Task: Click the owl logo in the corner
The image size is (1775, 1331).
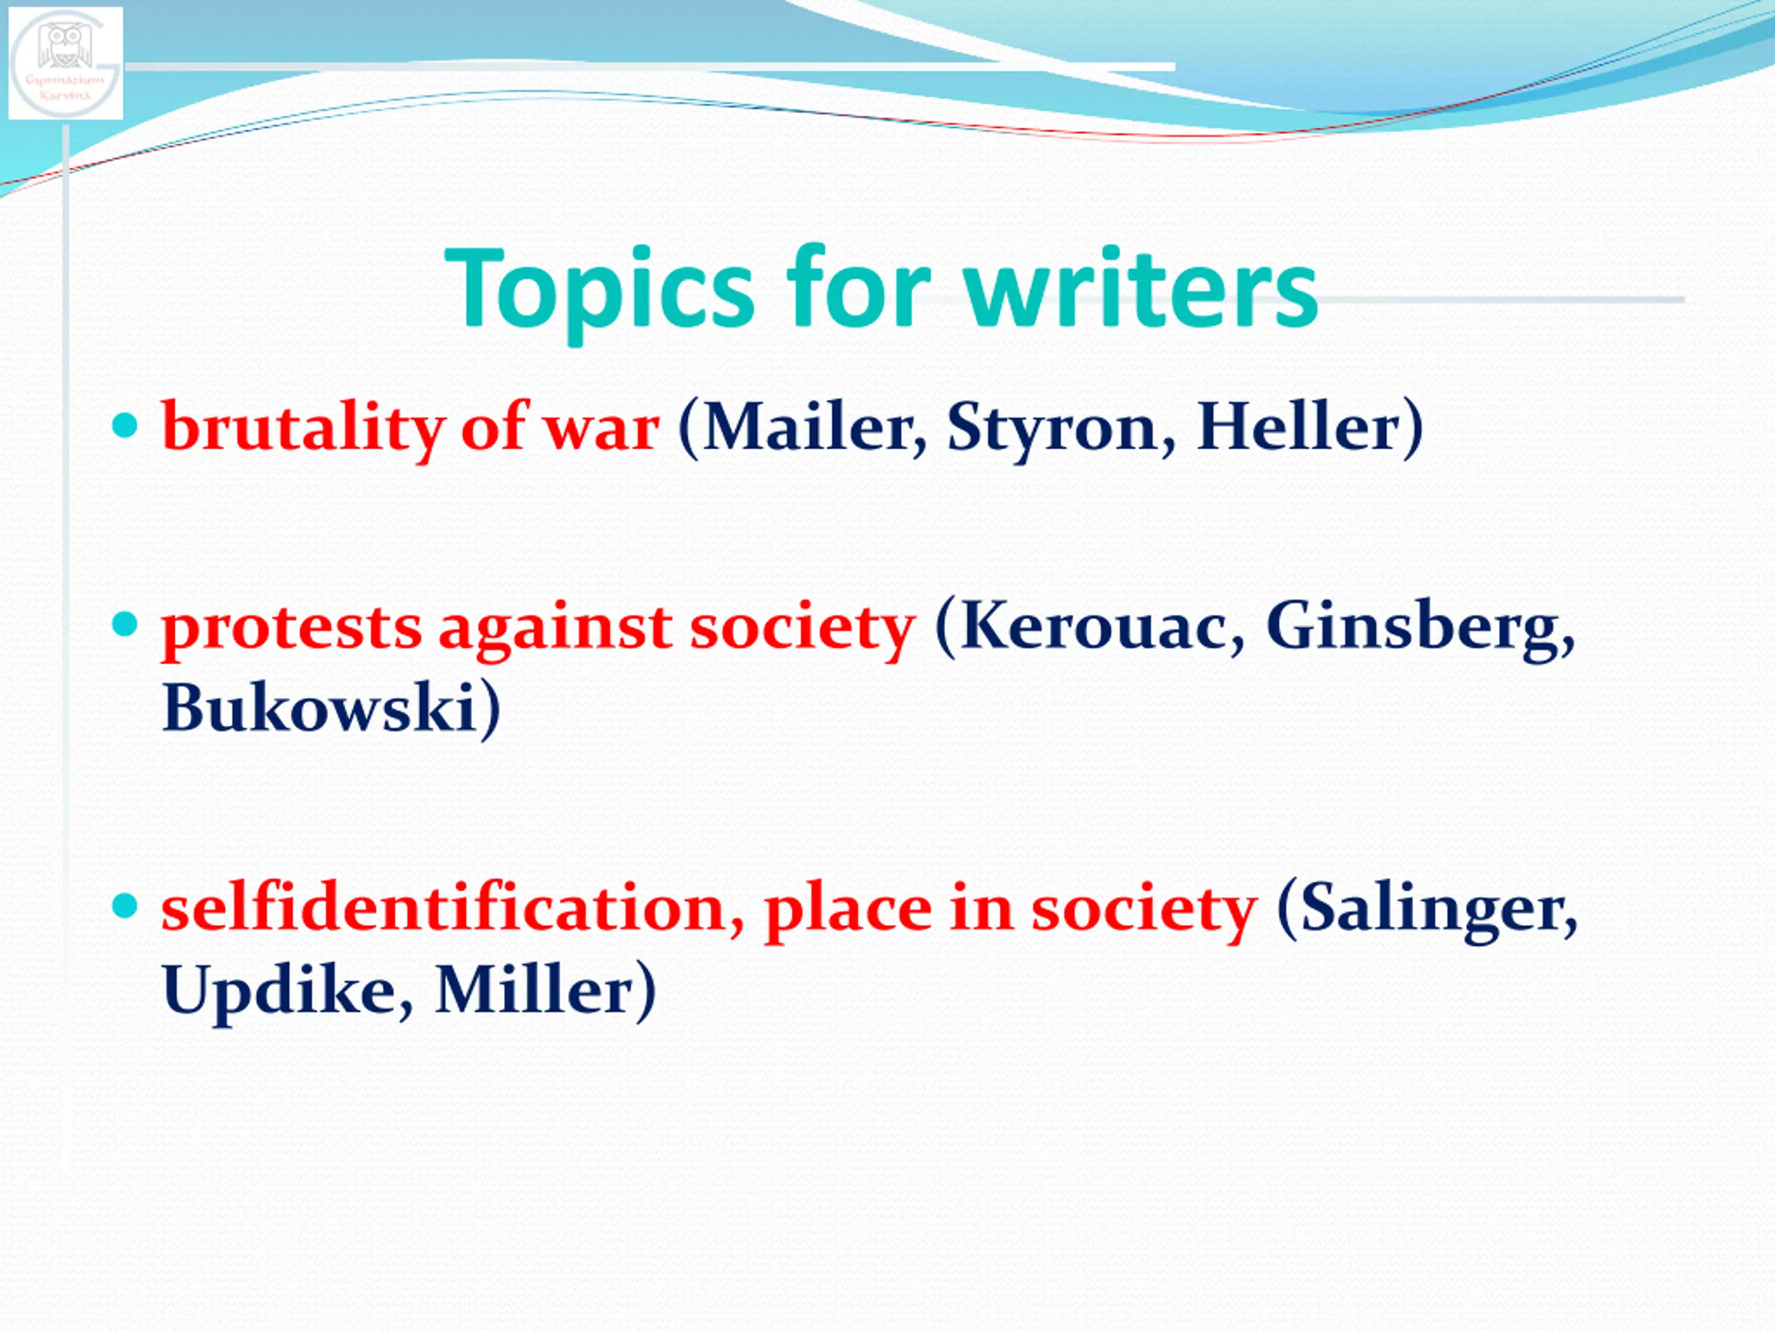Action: click(66, 62)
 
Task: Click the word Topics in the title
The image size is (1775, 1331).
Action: click(598, 290)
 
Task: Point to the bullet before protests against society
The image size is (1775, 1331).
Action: click(125, 624)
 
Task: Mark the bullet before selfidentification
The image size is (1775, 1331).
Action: click(125, 907)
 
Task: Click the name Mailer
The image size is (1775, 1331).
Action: click(811, 427)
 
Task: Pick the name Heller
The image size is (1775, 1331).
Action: click(1300, 427)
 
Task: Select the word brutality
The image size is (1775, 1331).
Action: click(303, 429)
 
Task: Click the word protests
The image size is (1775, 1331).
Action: click(291, 629)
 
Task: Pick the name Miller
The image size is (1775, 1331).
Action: click(535, 990)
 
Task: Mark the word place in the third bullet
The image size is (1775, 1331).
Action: click(848, 912)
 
